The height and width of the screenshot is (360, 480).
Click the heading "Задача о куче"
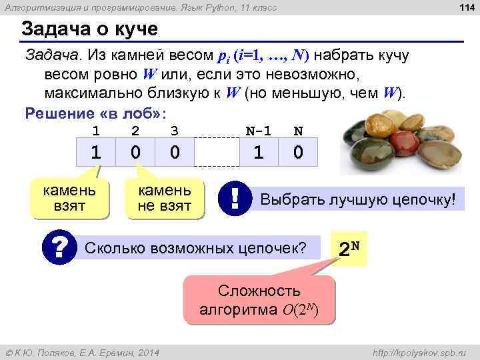(89, 30)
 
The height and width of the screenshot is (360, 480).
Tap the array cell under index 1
(96, 153)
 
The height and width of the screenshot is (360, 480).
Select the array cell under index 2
(135, 153)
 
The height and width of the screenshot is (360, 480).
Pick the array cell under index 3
(175, 153)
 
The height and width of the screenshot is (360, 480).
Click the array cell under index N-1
(258, 153)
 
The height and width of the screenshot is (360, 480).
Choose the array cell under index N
(298, 153)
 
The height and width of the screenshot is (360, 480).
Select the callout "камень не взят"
(164, 198)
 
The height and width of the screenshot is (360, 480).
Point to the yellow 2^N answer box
(350, 249)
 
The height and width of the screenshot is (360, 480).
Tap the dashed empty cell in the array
(217, 153)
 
